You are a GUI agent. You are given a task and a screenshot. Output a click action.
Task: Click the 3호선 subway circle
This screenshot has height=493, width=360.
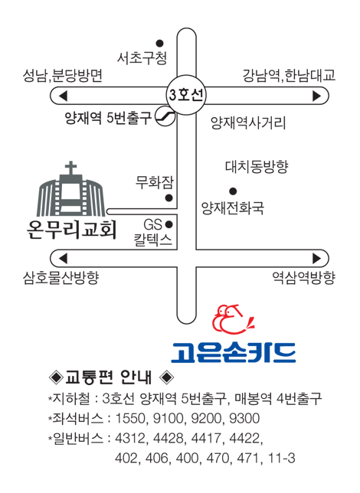pos(186,95)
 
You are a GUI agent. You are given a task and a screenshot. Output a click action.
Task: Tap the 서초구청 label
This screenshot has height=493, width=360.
pos(142,58)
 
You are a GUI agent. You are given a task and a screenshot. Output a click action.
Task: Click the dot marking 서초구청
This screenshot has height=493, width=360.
pos(160,43)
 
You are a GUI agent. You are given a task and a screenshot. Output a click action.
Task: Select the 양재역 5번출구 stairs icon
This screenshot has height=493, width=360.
pos(165,116)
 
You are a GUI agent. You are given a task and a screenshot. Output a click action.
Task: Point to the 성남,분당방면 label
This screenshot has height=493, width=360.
pos(63,76)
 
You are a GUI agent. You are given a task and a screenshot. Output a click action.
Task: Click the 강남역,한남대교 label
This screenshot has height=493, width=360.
pos(289,76)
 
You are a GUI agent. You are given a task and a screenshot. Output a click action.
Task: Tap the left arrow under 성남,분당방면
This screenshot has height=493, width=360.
pos(64,96)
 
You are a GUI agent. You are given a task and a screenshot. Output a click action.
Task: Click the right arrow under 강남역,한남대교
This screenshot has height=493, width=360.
pos(316,96)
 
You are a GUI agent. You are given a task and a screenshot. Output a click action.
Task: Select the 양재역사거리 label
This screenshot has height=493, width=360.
pos(248,122)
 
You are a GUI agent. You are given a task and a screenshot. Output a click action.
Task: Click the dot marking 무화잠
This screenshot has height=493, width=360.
pos(169,198)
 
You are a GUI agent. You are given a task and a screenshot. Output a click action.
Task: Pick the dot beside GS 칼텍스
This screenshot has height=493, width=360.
pos(169,224)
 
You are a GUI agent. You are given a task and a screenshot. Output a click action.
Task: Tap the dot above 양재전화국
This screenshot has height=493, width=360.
pos(233,191)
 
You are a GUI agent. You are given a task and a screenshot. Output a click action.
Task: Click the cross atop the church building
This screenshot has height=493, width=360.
pos(70,168)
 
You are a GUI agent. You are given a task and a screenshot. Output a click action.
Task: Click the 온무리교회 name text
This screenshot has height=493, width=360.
pos(72,230)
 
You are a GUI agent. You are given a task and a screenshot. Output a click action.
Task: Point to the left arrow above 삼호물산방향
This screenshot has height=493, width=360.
pos(64,259)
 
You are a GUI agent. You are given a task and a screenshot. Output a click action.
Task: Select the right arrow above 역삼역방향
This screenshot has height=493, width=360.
pos(316,259)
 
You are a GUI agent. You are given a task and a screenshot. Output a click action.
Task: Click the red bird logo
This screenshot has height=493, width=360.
pos(233,319)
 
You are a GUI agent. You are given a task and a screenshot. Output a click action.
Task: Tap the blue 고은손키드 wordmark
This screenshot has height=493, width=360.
pos(234,352)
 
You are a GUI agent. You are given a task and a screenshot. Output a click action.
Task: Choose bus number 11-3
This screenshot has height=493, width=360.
pos(282,458)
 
